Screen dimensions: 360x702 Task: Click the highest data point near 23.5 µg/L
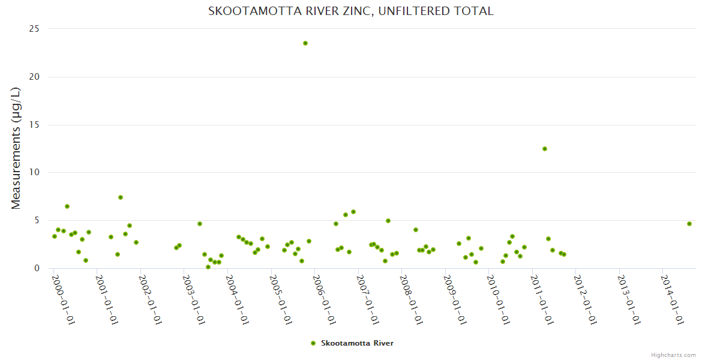tap(305, 43)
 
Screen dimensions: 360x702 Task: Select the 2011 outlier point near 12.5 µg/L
tap(545, 149)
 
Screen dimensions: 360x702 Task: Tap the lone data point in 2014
tap(689, 224)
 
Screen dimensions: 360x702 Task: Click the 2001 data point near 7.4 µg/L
tap(121, 197)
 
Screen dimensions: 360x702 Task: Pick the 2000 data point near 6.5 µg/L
tap(67, 206)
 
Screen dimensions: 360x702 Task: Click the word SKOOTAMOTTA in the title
tap(248, 11)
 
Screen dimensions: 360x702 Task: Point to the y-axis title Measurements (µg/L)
tap(16, 148)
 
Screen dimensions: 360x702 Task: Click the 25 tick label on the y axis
tap(34, 29)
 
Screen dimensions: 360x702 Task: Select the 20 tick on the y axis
tap(34, 77)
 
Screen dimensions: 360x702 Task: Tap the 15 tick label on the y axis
tap(34, 125)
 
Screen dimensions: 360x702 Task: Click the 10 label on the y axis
tap(34, 172)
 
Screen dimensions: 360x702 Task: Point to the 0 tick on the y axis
tap(37, 268)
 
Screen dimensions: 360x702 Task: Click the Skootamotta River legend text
tap(357, 343)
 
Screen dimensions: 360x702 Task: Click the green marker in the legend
tap(313, 343)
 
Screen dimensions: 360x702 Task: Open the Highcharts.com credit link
tap(673, 355)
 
